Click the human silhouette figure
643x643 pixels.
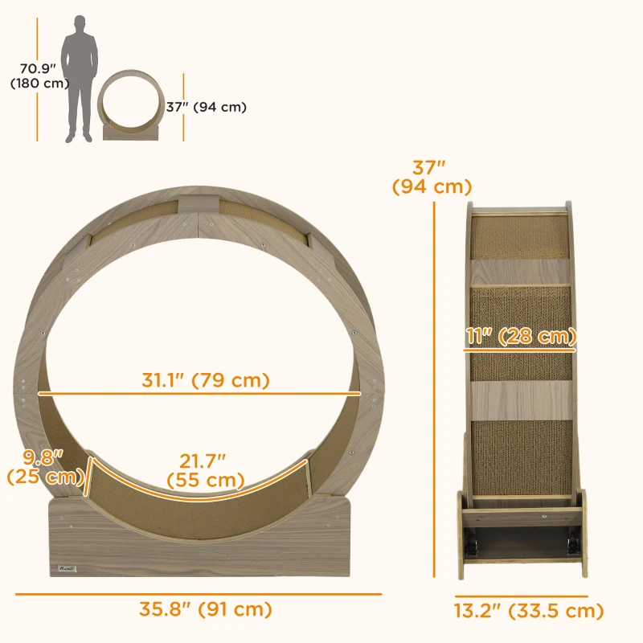click(80, 76)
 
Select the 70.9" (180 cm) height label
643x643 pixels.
click(39, 76)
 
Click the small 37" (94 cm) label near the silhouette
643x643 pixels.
click(207, 107)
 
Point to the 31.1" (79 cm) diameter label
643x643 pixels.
click(206, 379)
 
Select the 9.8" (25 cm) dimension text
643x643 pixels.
click(45, 467)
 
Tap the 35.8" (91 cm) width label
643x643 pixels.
click(202, 609)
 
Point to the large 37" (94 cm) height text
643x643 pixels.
click(431, 178)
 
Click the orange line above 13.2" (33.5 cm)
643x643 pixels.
click(521, 596)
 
